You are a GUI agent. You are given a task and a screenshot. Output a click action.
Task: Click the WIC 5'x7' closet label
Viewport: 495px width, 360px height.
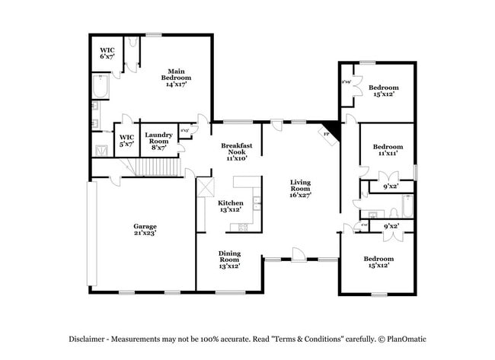point(126,140)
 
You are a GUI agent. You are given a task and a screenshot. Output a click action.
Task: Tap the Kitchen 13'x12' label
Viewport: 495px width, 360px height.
point(231,206)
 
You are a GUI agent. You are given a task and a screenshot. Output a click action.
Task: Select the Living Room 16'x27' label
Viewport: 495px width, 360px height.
point(300,189)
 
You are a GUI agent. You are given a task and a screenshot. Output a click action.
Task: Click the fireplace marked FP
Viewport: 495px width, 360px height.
point(329,132)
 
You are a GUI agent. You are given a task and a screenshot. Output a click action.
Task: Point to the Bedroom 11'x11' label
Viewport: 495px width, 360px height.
point(388,150)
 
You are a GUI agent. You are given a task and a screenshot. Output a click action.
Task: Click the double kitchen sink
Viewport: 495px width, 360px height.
point(257,203)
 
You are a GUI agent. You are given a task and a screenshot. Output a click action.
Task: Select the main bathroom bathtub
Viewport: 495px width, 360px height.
point(101,89)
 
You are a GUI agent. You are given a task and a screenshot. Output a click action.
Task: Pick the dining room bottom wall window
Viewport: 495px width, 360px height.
point(230,291)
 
